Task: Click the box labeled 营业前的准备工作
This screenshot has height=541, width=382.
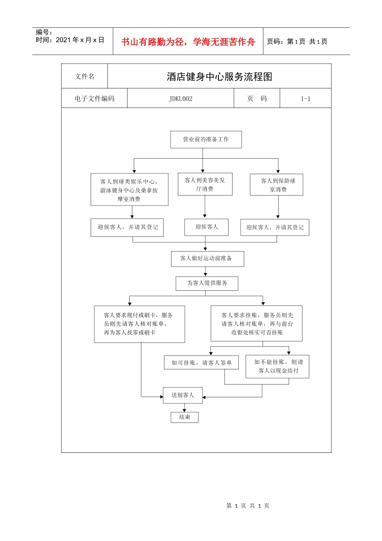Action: [x=206, y=139]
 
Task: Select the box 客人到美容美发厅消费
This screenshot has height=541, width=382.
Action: [x=205, y=184]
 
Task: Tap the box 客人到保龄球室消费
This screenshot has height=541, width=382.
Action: [x=277, y=185]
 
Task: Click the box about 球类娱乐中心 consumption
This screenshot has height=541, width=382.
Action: [x=129, y=190]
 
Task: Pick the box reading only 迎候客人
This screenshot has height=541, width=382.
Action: [x=206, y=227]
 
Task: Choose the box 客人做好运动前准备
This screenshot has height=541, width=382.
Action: [x=206, y=258]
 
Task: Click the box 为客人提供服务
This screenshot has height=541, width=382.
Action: [x=207, y=283]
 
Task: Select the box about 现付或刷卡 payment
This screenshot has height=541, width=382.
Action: [x=139, y=324]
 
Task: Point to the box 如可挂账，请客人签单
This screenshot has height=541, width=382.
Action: [x=201, y=362]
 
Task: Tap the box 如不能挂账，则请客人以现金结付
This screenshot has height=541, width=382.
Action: [x=277, y=366]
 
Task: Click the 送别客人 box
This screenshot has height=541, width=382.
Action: [x=183, y=395]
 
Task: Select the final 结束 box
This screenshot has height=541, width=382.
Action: [x=185, y=417]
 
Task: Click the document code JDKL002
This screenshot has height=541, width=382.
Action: [x=181, y=99]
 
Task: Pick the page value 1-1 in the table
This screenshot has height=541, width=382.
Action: [x=306, y=99]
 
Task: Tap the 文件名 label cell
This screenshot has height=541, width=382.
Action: [x=85, y=76]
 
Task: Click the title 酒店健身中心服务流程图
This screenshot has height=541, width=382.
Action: [x=220, y=76]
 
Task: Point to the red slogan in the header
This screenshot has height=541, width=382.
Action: [x=188, y=42]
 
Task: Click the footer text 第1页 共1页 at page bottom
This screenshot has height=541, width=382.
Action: [x=248, y=506]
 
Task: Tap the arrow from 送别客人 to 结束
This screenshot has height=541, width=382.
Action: [x=185, y=408]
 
